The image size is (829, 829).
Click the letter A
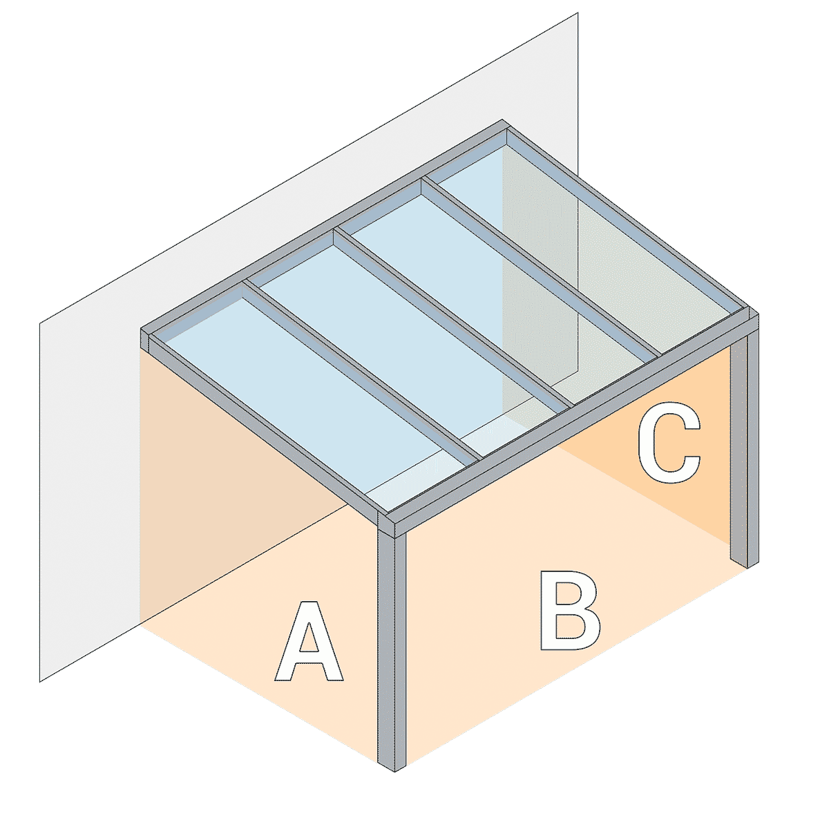(309, 642)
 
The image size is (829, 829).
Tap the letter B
(569, 611)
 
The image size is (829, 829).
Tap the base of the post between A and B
(393, 764)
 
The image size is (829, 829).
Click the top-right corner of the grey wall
(577, 14)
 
